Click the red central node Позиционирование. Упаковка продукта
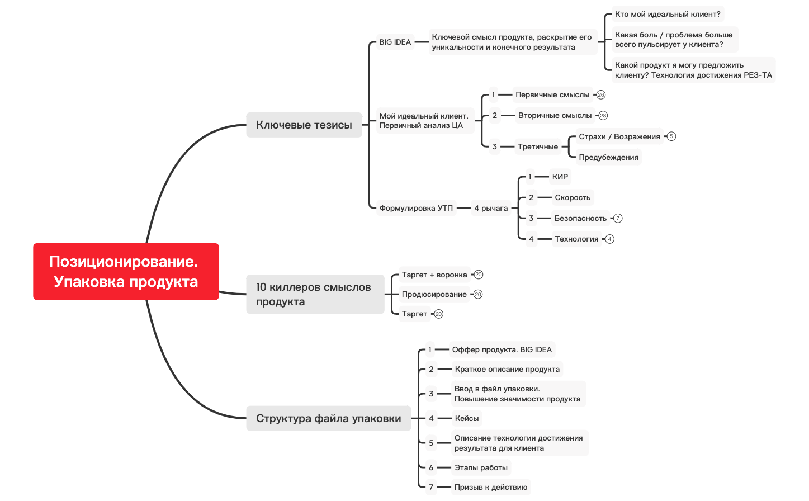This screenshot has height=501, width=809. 126,272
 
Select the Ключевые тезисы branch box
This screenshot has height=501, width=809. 304,125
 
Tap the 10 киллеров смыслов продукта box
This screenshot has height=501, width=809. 315,294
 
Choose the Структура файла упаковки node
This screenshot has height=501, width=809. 329,418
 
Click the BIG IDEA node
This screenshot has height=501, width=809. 395,42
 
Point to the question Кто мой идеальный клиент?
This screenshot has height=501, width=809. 668,14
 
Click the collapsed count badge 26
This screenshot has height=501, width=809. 601,94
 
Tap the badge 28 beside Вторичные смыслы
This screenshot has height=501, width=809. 603,116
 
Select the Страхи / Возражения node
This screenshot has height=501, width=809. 619,136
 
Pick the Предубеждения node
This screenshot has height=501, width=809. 608,157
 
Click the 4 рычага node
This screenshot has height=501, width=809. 491,208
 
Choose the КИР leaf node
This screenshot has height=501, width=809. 560,177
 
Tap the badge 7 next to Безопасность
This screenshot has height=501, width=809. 618,218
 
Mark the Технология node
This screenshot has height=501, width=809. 577,239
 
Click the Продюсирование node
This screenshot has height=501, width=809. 434,294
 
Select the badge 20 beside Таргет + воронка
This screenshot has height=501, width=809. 479,275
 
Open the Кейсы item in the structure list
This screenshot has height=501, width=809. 467,418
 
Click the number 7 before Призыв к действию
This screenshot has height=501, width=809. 431,487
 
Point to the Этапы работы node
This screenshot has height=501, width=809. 481,467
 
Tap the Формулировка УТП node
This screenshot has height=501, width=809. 416,208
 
